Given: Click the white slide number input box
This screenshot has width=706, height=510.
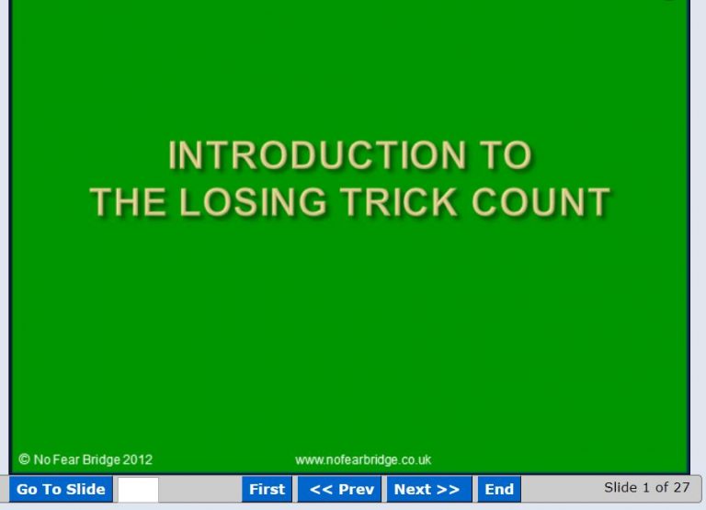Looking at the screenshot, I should point(138,490).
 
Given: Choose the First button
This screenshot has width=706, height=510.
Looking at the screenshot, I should point(267,490).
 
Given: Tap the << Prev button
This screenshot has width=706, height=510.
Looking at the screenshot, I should point(341,490).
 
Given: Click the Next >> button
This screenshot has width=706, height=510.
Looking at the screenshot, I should point(427,490).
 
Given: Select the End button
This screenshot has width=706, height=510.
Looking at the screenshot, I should point(499,490).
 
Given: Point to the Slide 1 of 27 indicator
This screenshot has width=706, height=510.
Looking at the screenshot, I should point(646,487).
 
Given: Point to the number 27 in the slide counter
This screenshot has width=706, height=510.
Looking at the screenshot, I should point(680,487).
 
